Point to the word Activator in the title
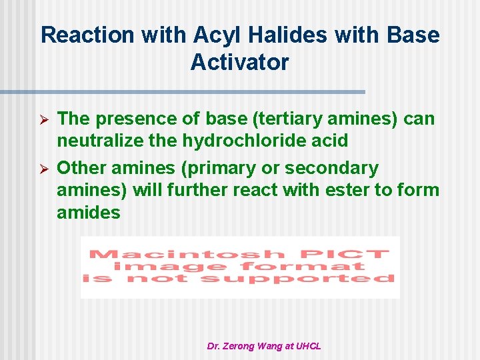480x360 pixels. (239, 62)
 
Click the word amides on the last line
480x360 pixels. (89, 213)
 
